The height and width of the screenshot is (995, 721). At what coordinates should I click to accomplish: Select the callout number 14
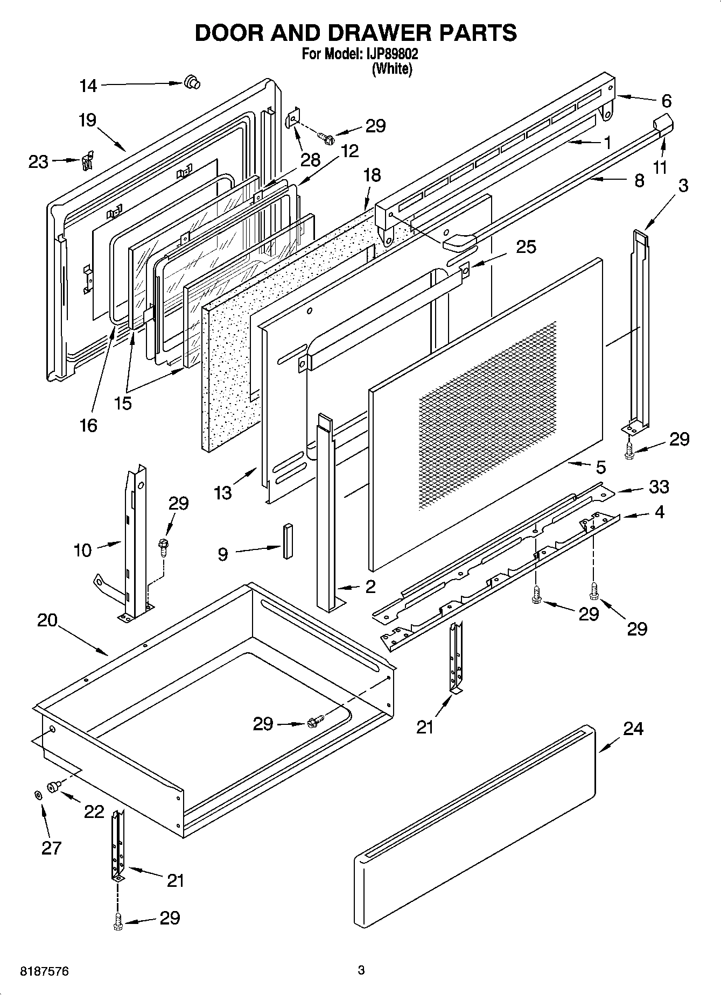click(88, 86)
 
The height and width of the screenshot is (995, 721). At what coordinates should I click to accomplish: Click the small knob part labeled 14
click(191, 82)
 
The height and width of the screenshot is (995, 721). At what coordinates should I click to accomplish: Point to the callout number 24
click(633, 729)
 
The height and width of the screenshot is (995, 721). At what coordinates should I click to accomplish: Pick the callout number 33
click(659, 486)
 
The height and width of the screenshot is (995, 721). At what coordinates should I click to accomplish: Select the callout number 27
click(52, 848)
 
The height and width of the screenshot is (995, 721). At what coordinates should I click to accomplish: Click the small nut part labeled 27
click(38, 795)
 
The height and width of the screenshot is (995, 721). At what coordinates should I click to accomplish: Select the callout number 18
click(372, 175)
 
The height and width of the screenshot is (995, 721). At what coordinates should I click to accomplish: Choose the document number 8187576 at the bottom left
click(44, 971)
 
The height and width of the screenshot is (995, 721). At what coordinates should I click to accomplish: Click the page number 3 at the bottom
click(361, 970)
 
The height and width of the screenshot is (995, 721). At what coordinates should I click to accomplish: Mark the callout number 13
click(222, 492)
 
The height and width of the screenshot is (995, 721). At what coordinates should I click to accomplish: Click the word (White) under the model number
click(392, 69)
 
